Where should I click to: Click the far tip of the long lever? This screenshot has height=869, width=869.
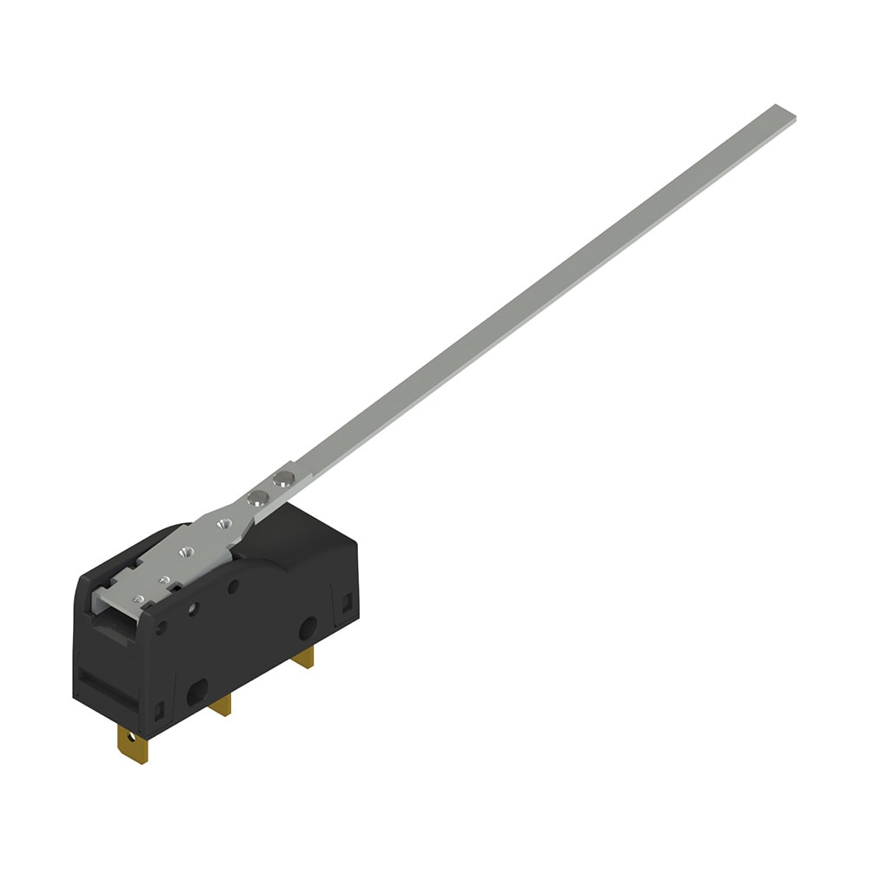[784, 112]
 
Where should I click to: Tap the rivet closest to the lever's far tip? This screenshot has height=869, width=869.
[281, 479]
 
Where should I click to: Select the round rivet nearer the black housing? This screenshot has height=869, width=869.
[256, 497]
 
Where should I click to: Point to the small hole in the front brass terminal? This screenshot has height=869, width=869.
[131, 740]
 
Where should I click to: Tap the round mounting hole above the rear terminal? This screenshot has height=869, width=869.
[308, 628]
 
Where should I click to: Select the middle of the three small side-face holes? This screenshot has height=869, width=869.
[194, 608]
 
